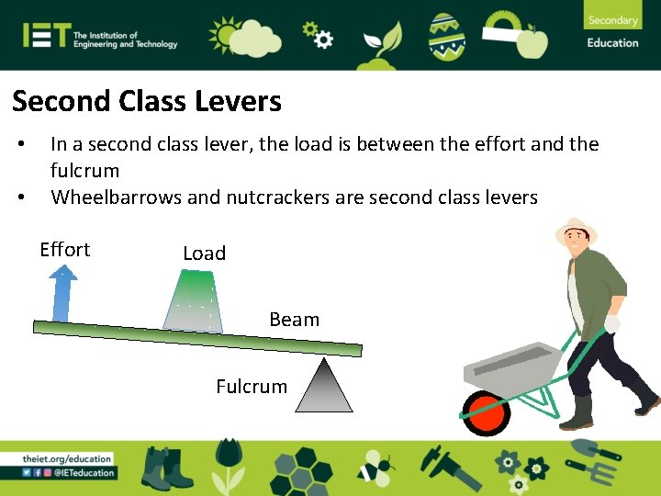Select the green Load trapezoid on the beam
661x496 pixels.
coord(195,300)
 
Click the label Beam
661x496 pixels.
coord(294,320)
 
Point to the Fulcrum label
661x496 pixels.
coord(252,387)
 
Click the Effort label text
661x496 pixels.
coord(65,250)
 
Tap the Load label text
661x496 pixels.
coord(204,254)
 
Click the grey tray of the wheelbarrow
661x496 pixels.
coord(514,366)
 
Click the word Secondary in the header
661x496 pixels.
coord(612,20)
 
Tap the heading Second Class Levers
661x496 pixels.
coord(147,101)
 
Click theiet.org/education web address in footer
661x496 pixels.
coord(68,458)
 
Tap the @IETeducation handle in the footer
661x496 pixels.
coord(84,473)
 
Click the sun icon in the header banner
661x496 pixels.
coord(224,35)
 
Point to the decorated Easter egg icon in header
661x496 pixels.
coord(447,35)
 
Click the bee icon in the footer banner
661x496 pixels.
coord(375,468)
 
